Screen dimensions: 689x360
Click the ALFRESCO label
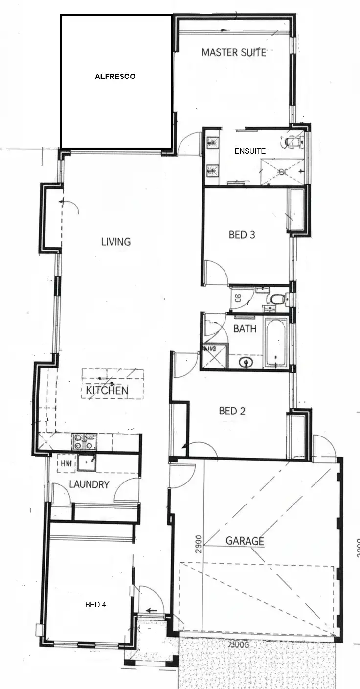tap(115, 77)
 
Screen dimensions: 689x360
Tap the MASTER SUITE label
tap(234, 52)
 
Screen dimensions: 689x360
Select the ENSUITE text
tap(250, 151)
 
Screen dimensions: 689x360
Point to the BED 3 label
tap(242, 235)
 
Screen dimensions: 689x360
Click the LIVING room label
tap(116, 242)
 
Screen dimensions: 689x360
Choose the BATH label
tap(245, 329)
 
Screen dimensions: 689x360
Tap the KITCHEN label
tap(107, 390)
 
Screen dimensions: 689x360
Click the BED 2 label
tap(232, 411)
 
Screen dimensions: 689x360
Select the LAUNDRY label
tap(89, 485)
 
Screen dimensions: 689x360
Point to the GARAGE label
tap(245, 541)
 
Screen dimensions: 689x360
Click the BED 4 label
tap(95, 605)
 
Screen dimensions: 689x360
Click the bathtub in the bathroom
tap(275, 343)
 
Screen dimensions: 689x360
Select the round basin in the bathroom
tap(246, 362)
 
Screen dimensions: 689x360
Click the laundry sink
tap(87, 462)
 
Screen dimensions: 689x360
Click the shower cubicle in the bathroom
tap(216, 356)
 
